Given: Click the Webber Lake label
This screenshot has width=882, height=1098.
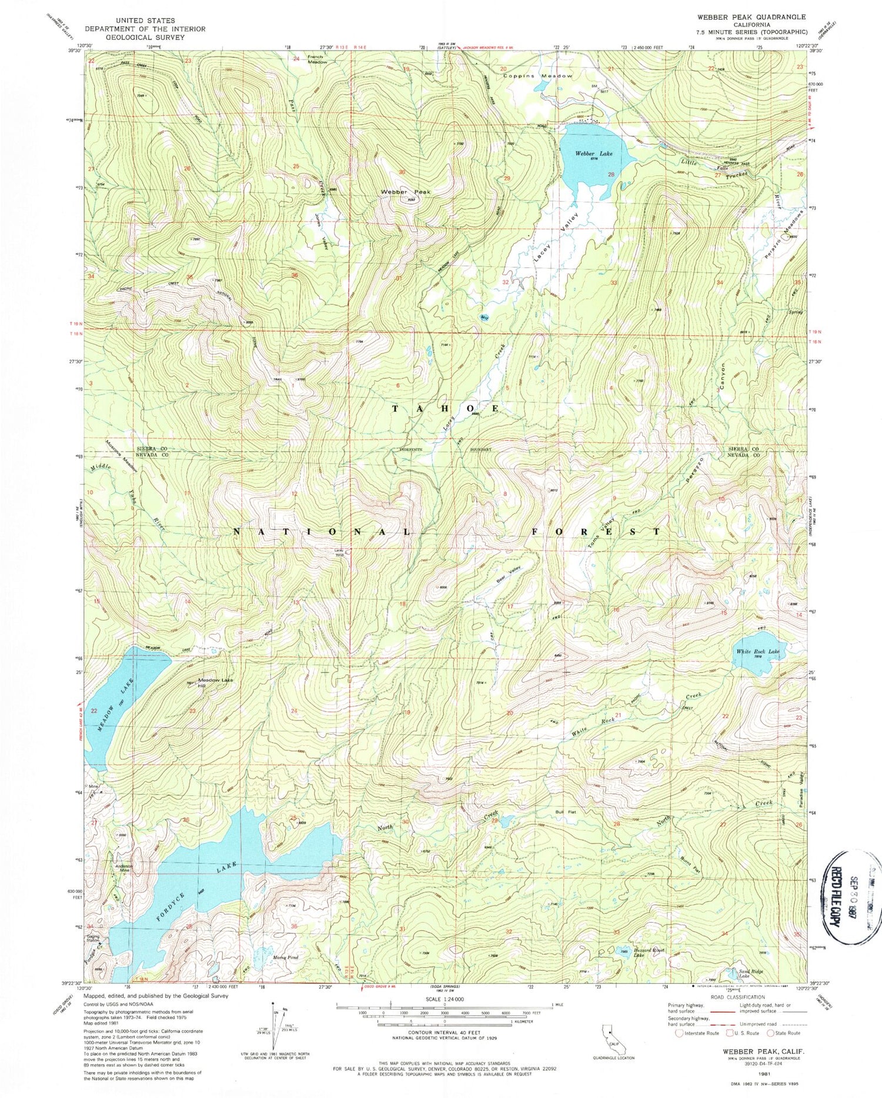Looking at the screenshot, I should coord(593,153).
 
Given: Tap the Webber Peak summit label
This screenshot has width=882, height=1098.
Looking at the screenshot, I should coord(405,192).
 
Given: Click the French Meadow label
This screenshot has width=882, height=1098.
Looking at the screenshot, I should coord(318,59).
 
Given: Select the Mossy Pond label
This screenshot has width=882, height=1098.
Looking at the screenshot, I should coord(286,957).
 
